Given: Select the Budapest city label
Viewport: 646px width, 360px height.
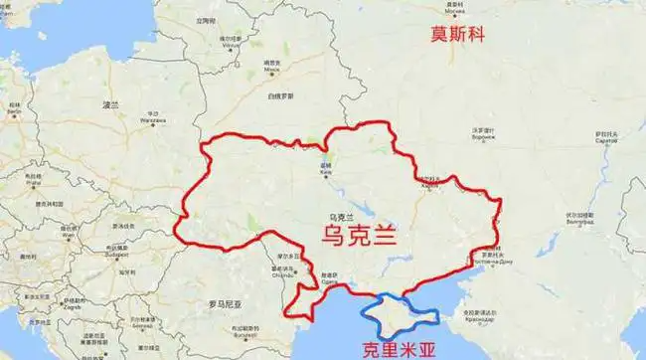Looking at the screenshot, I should click(x=119, y=253).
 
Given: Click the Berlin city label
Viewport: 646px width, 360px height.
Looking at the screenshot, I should click(x=15, y=113).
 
